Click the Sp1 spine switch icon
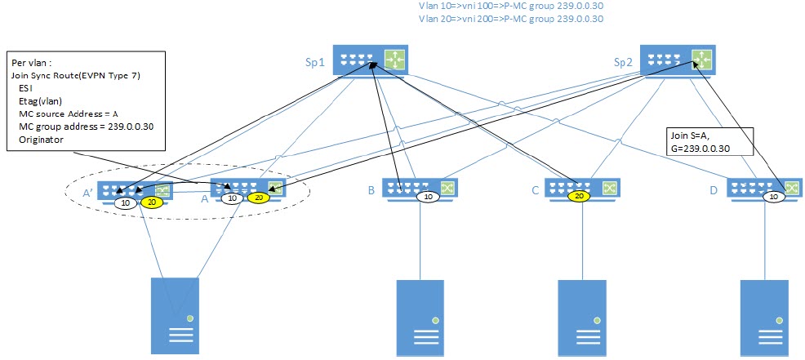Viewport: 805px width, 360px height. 371,59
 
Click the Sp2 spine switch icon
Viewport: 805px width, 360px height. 677,59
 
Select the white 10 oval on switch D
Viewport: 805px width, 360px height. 773,197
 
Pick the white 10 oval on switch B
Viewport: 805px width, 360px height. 426,197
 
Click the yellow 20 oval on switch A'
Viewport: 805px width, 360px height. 151,202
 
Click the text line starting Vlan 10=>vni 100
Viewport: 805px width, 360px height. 509,5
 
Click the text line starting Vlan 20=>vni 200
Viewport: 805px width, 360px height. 509,19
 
